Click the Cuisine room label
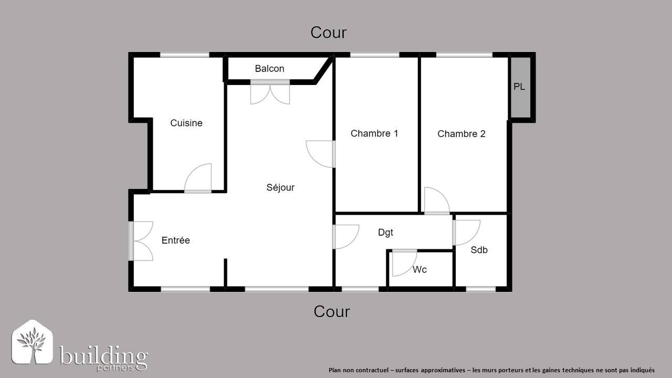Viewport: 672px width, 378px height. click(x=186, y=123)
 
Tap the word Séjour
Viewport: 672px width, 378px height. click(x=280, y=187)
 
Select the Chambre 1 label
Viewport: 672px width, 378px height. click(x=374, y=133)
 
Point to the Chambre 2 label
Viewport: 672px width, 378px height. click(x=461, y=134)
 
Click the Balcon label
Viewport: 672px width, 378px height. click(x=269, y=69)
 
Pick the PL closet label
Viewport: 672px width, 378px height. click(x=519, y=87)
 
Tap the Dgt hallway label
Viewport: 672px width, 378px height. click(x=385, y=233)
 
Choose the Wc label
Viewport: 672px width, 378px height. click(x=419, y=270)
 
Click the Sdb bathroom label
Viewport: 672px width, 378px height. click(x=479, y=250)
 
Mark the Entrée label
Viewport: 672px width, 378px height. click(x=175, y=240)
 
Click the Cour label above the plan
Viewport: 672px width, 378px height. click(x=329, y=33)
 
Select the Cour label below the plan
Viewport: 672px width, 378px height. click(x=332, y=312)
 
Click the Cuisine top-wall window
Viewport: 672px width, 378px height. click(x=184, y=55)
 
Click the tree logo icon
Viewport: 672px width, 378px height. click(x=33, y=342)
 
